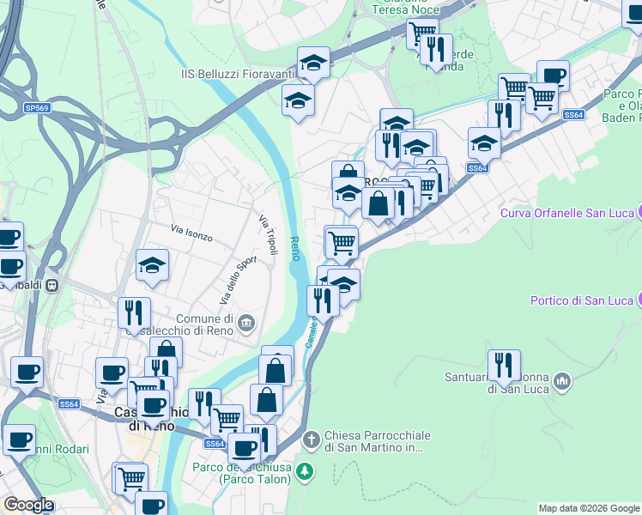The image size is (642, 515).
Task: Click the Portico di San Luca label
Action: [x=579, y=300]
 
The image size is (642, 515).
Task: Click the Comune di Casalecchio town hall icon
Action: [x=247, y=323]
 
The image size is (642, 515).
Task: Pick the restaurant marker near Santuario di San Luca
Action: [x=504, y=366]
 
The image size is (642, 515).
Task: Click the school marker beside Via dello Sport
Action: [x=152, y=266]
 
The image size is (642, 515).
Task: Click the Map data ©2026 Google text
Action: [x=589, y=508]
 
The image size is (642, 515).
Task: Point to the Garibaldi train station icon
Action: [x=52, y=284]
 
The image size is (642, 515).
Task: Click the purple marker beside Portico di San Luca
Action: [x=639, y=299]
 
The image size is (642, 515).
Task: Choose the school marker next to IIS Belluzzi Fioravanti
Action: [x=313, y=64]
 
